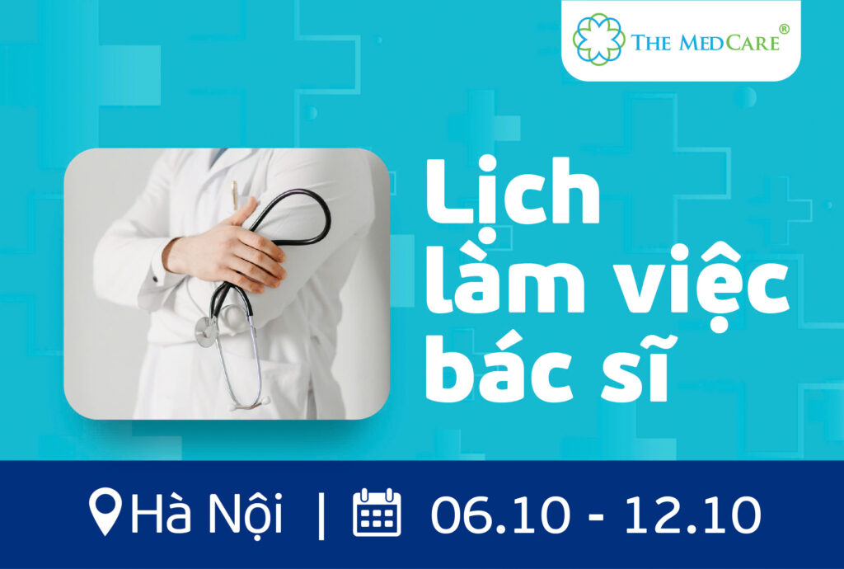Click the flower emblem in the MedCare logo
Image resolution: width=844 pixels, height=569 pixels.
point(599,40)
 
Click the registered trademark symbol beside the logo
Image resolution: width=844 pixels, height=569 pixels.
point(785,29)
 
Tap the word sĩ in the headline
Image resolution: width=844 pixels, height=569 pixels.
point(636,368)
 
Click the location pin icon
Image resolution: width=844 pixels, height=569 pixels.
point(105,511)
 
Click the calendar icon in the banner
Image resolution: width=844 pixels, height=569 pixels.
point(377,512)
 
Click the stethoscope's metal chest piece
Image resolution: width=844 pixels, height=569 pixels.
point(206,331)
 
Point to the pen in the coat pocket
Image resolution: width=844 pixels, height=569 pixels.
point(235,194)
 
